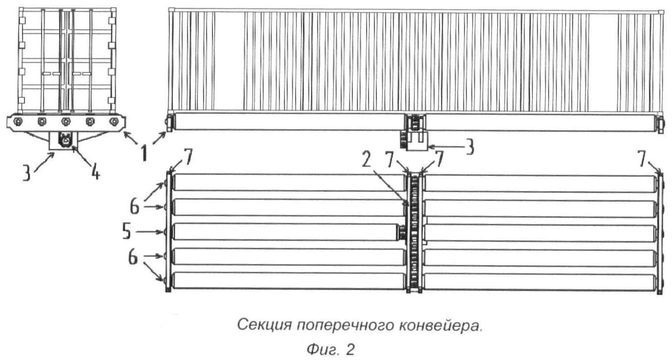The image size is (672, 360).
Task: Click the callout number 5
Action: pos(127,232)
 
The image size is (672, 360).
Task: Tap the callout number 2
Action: pos(367,162)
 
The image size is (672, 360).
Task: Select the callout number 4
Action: pos(95,172)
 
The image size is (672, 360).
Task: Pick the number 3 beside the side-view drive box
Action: pos(469,148)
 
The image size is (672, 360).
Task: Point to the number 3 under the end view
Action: pos(27,173)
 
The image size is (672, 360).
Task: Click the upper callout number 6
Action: pos(135,207)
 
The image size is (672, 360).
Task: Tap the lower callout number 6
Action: pos(133,258)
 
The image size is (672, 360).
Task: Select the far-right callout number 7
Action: pos(642,160)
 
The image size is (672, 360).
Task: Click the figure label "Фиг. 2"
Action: pos(330,350)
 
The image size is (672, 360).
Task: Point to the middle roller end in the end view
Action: pos(66,121)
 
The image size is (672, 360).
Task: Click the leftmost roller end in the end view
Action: pos(18,121)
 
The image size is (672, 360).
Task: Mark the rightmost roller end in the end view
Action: pos(114,121)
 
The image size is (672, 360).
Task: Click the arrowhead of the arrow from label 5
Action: pos(162,232)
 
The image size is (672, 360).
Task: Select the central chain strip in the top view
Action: pos(414,232)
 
